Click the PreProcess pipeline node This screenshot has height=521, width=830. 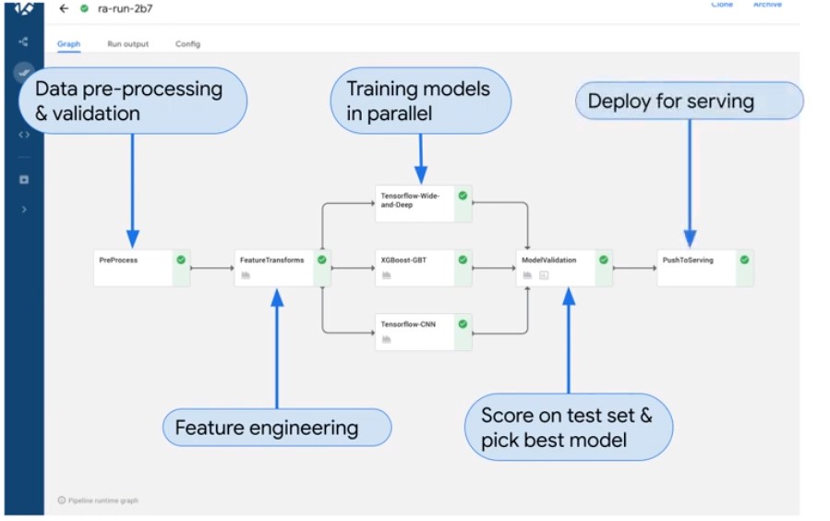[x=134, y=267]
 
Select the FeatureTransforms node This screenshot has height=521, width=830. [x=274, y=267]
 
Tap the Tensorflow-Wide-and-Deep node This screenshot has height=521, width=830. [x=415, y=203]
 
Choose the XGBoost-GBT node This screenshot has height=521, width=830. [x=415, y=267]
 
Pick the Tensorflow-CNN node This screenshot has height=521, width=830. [x=415, y=331]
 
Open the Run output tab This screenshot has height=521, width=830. [x=127, y=43]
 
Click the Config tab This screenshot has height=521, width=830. [x=187, y=43]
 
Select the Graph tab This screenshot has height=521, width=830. [x=68, y=43]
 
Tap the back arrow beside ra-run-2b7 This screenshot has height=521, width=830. [x=64, y=8]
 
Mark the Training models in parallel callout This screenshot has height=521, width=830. [x=420, y=101]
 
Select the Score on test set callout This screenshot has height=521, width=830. [x=568, y=428]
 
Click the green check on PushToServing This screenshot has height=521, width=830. [x=744, y=260]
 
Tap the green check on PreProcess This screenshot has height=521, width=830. [x=181, y=260]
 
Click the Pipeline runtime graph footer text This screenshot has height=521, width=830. [x=102, y=501]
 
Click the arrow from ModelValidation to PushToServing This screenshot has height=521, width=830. [x=633, y=269]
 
